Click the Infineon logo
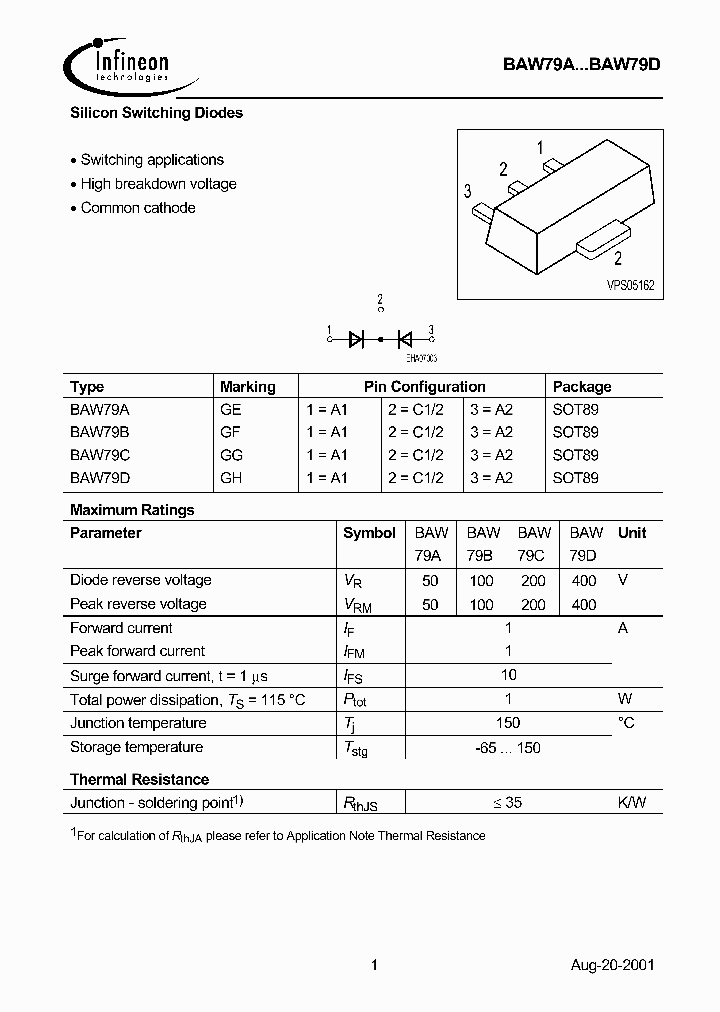coord(118,65)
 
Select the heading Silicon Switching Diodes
coord(156,113)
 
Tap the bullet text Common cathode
coord(137,208)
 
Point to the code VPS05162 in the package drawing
coord(630,285)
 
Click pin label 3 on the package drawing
coord(467,191)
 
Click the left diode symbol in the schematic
coord(357,339)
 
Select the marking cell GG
coord(231,454)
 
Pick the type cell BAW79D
coord(100,478)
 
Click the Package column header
coord(581,387)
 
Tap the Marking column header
coord(247,387)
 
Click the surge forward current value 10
coord(508,675)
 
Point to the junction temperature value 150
coord(508,723)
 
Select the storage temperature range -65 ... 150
coord(508,747)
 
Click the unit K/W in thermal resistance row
coord(631,802)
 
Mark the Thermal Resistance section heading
coord(139,779)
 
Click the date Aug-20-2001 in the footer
coord(613,966)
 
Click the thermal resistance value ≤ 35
coord(508,802)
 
